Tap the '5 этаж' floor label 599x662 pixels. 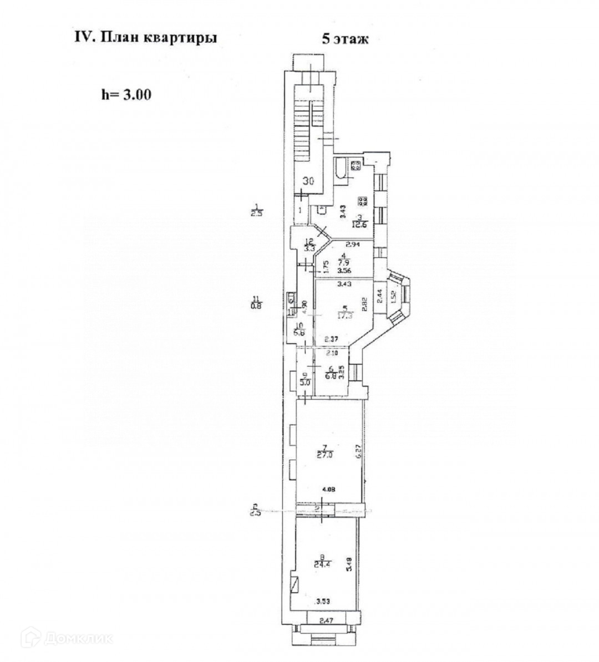coord(344,39)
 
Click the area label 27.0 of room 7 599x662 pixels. coord(324,455)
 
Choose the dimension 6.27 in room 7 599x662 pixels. coord(359,452)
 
